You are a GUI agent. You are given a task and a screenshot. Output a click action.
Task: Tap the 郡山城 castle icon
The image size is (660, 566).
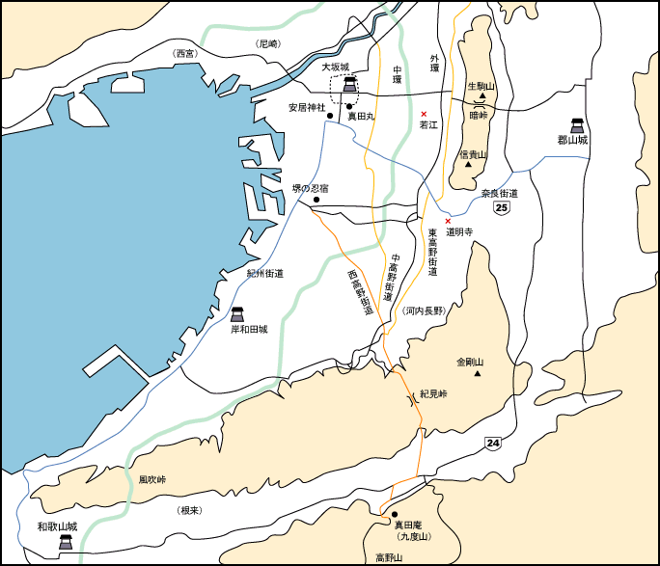[x=578, y=124]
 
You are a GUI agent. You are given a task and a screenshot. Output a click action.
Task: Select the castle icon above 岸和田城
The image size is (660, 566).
[x=237, y=314]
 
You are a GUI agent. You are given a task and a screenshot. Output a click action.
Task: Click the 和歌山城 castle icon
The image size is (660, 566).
[x=65, y=542]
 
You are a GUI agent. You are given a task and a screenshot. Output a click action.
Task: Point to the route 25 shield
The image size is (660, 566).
[x=501, y=207]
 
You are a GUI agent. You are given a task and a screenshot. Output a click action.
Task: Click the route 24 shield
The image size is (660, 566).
[x=493, y=443]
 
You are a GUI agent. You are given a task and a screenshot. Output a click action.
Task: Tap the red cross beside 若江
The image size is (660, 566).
[x=424, y=114]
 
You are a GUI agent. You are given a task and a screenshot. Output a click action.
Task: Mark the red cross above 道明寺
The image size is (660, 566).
[x=448, y=221]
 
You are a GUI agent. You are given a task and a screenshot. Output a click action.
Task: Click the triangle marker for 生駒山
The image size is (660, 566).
[x=481, y=96]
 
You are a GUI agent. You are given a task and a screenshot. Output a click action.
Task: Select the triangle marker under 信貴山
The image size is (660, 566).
[x=469, y=164]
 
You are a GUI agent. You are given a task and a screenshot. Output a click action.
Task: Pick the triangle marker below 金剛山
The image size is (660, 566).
[x=476, y=374]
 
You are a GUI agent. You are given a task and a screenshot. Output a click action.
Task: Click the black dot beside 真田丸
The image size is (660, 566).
[x=350, y=106]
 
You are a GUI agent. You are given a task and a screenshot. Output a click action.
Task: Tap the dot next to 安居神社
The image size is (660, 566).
[x=330, y=116]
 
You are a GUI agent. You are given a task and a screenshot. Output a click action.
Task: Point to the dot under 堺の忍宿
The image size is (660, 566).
[x=316, y=200]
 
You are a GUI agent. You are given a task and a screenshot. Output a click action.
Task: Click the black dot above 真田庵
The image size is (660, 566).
[x=395, y=513]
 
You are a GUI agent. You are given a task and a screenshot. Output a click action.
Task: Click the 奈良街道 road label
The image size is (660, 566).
[x=500, y=194]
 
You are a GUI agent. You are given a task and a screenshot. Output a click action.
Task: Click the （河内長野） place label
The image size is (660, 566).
[x=424, y=311]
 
